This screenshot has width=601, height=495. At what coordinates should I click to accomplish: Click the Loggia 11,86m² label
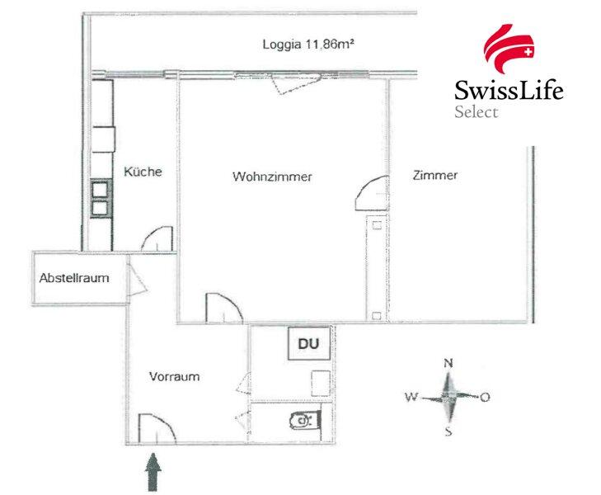pos(308,45)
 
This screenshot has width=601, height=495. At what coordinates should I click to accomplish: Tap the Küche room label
pos(143,172)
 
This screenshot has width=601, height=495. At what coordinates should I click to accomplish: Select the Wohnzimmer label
pos(272,177)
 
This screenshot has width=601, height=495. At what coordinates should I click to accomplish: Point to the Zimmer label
pos(435,175)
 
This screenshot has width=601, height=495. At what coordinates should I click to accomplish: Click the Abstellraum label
pos(74,277)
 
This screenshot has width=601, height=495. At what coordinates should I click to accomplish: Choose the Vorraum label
pos(175,376)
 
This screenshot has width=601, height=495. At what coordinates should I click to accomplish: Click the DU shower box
pos(309,343)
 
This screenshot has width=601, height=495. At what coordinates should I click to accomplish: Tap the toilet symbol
pos(305,421)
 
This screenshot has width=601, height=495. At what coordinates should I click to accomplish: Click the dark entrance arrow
pos(153,472)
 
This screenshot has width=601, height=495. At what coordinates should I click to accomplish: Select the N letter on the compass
pos(448,363)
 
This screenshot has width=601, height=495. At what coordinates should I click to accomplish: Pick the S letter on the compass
pos(448,432)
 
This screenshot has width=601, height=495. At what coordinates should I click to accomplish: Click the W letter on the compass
pos(411,397)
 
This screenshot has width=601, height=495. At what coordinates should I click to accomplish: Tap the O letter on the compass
pos(485,397)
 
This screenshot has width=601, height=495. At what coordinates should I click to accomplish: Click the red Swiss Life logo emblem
pos(509,48)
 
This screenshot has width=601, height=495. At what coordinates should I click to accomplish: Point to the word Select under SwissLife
pos(476,111)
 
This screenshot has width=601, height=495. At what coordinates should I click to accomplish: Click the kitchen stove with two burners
pos(101,199)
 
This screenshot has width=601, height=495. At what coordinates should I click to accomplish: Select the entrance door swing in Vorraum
pos(157,429)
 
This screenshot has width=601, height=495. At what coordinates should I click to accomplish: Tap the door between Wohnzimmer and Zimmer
pos(372,193)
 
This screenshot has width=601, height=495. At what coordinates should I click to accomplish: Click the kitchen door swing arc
pos(157,239)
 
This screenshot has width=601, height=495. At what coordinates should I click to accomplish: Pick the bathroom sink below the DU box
pos(321,383)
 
